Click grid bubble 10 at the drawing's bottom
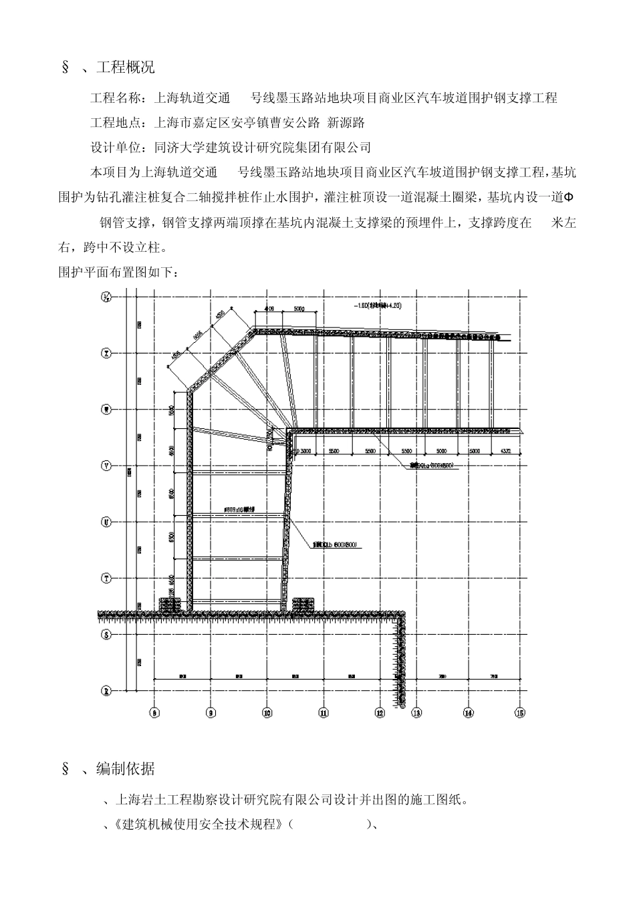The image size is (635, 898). (x=267, y=714)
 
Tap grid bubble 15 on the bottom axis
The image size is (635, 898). (x=521, y=714)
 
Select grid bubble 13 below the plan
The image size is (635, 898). (x=417, y=714)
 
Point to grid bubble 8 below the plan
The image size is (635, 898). (x=154, y=714)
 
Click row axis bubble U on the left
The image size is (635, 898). (x=105, y=521)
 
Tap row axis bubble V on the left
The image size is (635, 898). (x=105, y=465)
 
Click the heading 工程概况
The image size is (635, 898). (x=126, y=67)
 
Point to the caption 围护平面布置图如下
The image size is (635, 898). (x=119, y=273)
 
